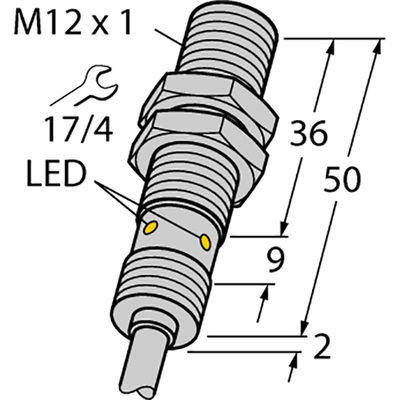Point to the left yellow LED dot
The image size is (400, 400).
(x=150, y=228)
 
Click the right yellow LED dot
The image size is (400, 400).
(x=205, y=242)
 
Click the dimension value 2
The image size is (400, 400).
(x=321, y=349)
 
